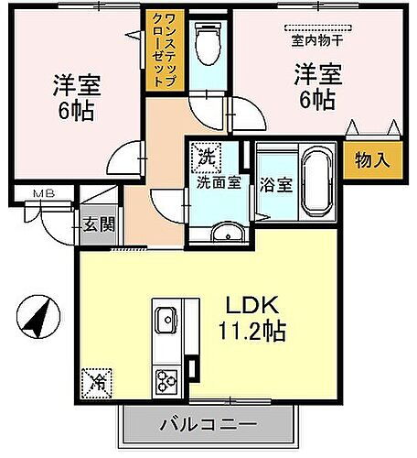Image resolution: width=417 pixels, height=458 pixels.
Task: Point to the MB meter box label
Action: [x=43, y=193]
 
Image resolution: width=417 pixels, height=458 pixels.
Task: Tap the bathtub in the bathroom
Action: [x=317, y=182]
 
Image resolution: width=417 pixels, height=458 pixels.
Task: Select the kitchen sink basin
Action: [x=167, y=321]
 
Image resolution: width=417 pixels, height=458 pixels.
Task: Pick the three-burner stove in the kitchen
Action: [x=166, y=377]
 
